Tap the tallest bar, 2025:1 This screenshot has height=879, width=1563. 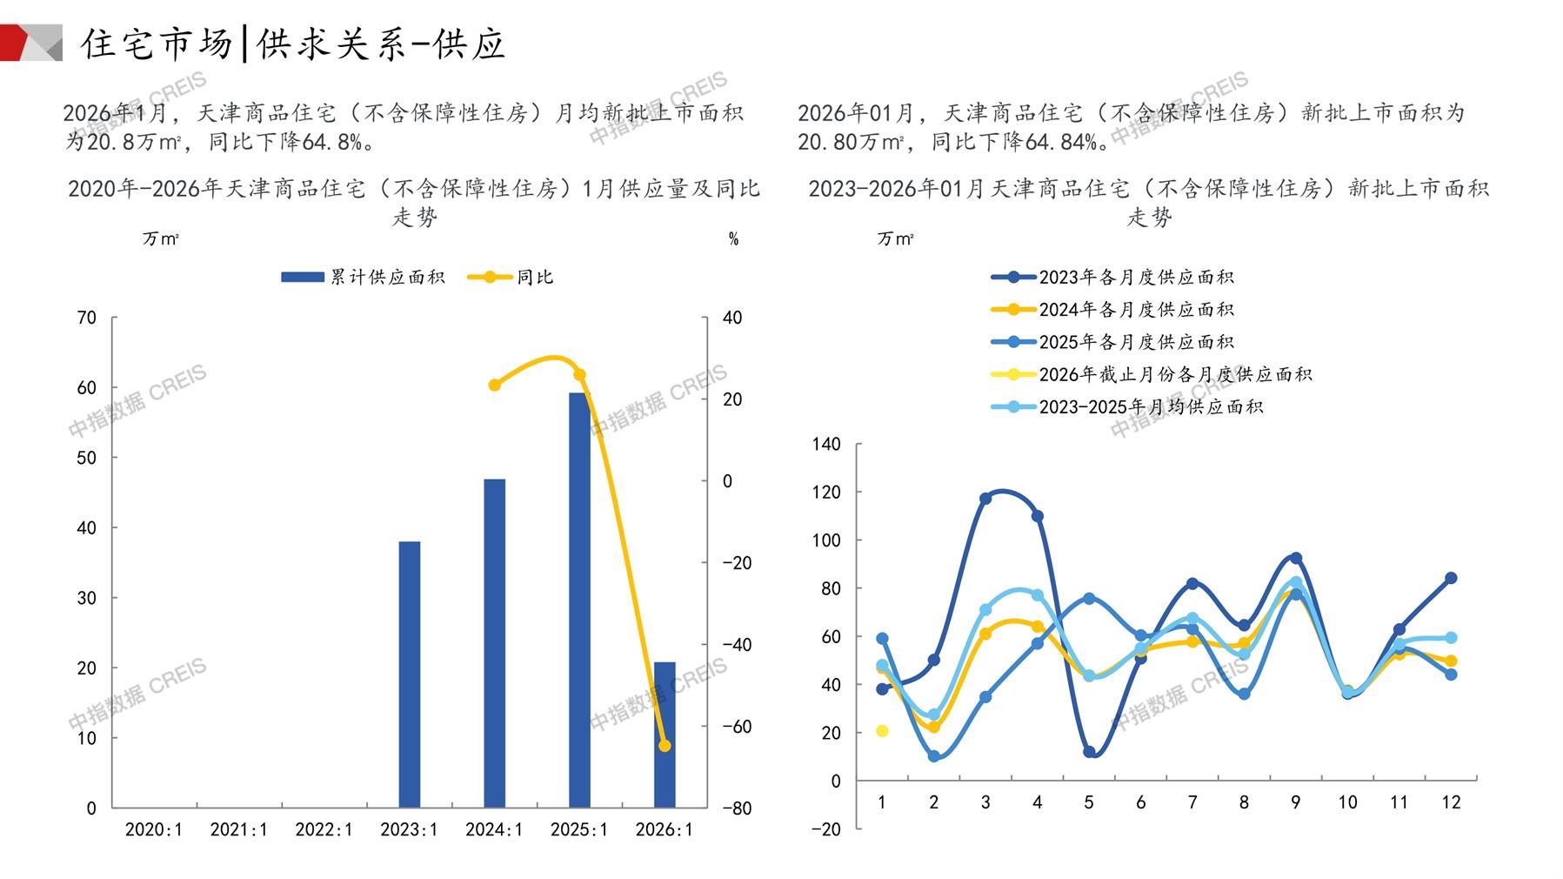click(x=579, y=600)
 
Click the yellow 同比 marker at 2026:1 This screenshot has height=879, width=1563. click(x=665, y=746)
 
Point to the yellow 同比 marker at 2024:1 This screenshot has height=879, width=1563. click(x=494, y=385)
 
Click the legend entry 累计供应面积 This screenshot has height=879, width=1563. click(x=364, y=278)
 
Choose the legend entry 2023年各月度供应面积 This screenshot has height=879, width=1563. click(x=1113, y=278)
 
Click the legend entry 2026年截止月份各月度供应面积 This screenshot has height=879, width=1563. click(x=1152, y=374)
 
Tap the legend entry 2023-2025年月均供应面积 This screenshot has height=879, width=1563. click(x=1127, y=406)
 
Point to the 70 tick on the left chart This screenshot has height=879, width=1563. click(x=87, y=318)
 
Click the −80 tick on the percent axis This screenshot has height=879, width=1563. click(x=737, y=808)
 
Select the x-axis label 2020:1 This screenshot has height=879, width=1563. click(x=154, y=829)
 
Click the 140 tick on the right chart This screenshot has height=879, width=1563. click(x=826, y=445)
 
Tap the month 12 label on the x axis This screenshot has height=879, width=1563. click(x=1451, y=802)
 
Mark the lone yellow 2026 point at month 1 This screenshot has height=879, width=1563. click(x=882, y=731)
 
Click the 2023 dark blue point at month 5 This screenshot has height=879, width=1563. click(x=1089, y=752)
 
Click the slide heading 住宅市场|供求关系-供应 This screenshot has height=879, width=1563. click(x=293, y=44)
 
